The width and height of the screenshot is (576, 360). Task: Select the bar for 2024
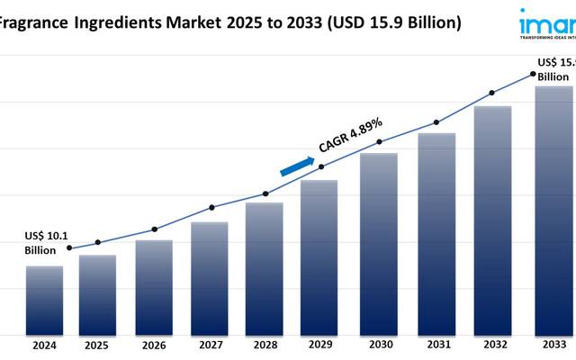44,300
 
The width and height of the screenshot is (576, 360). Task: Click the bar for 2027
210,277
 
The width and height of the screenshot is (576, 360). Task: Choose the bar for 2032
492,220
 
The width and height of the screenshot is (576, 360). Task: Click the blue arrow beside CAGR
297,166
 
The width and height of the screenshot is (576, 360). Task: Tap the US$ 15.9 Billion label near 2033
555,69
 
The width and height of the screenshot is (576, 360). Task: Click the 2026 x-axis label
153,345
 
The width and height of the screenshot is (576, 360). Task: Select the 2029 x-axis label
319,345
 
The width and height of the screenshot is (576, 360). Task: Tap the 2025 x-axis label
97,345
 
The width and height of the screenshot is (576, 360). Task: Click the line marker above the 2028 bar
265,193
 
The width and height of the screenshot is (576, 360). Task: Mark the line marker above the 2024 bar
70,248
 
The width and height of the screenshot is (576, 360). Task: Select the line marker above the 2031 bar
436,122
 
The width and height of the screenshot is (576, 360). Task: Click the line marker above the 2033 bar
533,74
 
